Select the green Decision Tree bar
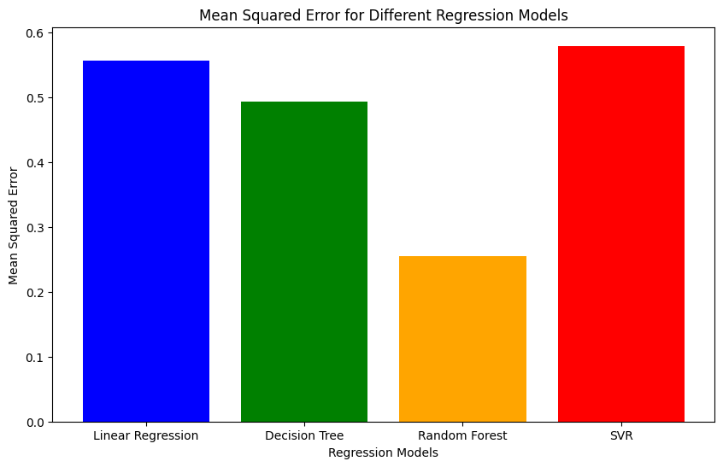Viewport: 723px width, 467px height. tap(304, 261)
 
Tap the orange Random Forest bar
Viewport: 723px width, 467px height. tap(462, 339)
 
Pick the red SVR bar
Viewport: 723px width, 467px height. tap(621, 234)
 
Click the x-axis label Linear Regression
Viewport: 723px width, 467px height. tap(146, 435)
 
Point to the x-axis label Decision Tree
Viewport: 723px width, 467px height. tap(304, 435)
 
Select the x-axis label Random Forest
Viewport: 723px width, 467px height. tap(462, 435)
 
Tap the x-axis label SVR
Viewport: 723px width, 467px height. tap(621, 435)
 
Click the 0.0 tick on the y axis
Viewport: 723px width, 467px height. tap(36, 422)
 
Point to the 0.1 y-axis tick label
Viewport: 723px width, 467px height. tap(36, 357)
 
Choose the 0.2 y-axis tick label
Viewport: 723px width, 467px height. tap(36, 292)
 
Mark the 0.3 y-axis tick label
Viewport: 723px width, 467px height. tap(36, 227)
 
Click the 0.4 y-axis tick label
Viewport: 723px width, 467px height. tap(36, 162)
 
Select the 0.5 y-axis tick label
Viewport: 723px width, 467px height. tap(36, 97)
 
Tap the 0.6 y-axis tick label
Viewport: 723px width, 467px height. tap(36, 32)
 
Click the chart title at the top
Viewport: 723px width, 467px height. tap(384, 15)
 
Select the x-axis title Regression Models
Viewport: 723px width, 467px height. tap(384, 452)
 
